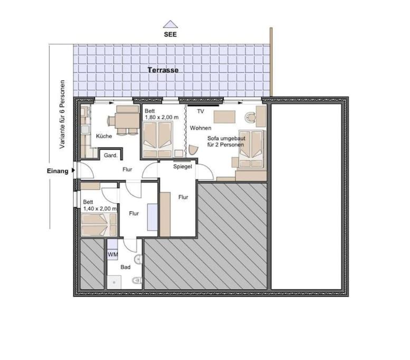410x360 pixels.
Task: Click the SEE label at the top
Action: [170, 34]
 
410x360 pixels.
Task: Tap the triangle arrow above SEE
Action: [170, 24]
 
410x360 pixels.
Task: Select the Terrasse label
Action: [163, 70]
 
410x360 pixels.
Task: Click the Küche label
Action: [104, 136]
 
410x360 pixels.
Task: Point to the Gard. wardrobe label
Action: [111, 155]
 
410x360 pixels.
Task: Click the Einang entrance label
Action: [58, 171]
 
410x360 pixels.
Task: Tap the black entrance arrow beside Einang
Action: [73, 170]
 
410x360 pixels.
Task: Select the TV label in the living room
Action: [201, 112]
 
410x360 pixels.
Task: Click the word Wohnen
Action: [201, 128]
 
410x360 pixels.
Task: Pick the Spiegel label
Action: [183, 167]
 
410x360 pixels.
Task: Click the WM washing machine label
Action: [113, 254]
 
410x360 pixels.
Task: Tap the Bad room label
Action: [126, 267]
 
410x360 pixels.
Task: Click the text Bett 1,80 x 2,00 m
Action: [161, 114]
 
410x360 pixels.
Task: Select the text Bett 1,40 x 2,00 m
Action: [100, 206]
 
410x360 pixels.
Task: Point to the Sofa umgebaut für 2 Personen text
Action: [226, 141]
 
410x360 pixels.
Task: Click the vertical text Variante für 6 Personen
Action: [62, 114]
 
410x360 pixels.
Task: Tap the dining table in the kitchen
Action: [127, 120]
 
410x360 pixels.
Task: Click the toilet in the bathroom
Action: [137, 281]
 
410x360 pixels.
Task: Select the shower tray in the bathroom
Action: [114, 282]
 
